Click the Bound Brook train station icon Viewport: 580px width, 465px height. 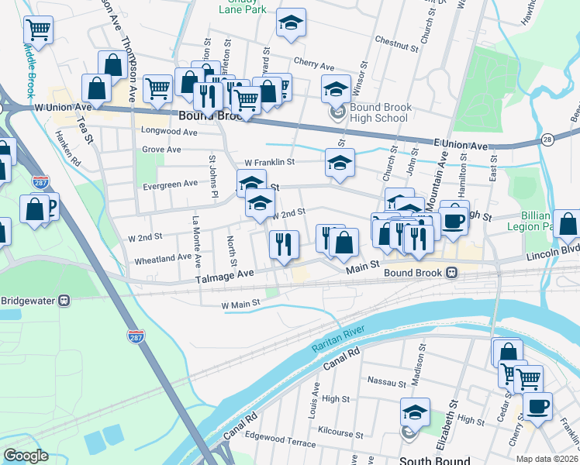tap(451, 273)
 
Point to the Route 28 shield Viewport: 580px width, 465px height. tap(547, 139)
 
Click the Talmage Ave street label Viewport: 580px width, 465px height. tap(225, 274)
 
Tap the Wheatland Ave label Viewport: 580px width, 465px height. tap(163, 257)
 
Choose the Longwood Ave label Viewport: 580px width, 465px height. tap(170, 132)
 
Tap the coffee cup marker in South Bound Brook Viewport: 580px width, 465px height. tap(537, 405)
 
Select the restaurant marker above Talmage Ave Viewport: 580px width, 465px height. tap(285, 244)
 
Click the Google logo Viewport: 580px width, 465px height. tap(26, 456)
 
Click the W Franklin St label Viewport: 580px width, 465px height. tap(269, 162)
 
